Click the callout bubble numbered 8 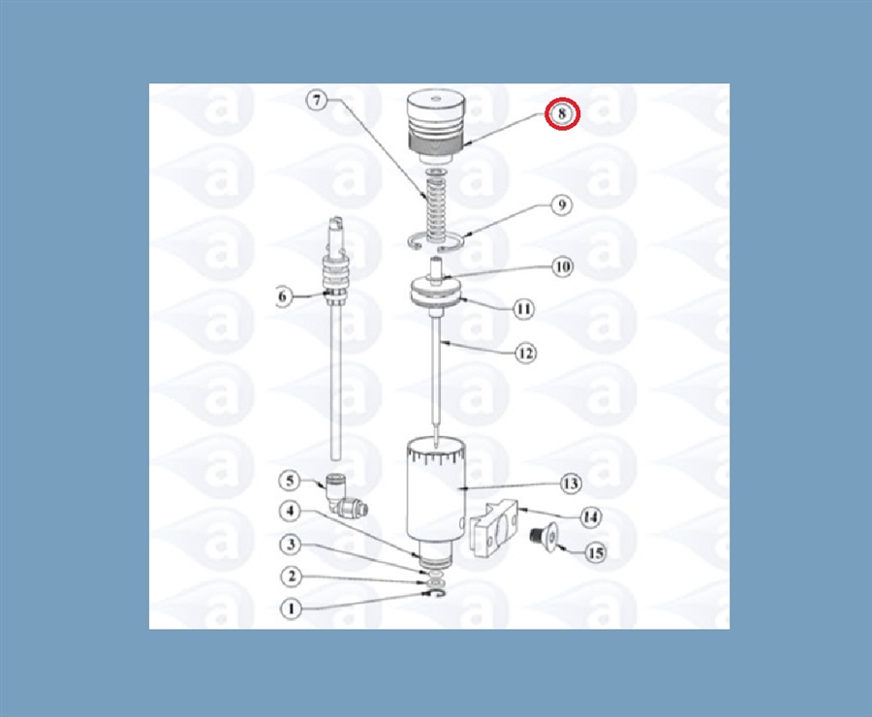(562, 114)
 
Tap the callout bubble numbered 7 (317, 101)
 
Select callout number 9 (562, 205)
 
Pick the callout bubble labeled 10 (563, 267)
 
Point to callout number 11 (523, 309)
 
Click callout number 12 (525, 354)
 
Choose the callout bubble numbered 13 (571, 483)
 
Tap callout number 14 (591, 517)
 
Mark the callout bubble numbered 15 (595, 553)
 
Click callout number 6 (283, 296)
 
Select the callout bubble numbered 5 (290, 481)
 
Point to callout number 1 (291, 609)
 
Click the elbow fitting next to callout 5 (344, 495)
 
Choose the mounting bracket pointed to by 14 (495, 527)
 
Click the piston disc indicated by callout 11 (436, 292)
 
